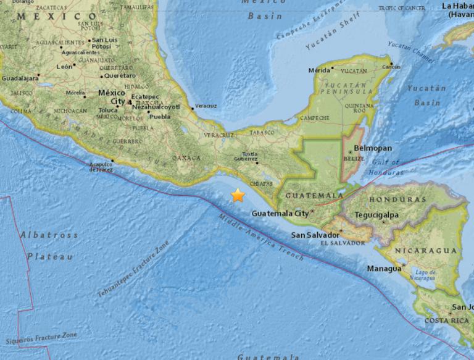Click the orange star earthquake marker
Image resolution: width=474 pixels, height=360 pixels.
tap(238, 196)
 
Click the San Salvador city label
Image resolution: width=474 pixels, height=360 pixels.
tap(315, 235)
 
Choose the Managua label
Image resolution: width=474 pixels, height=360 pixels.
tap(384, 269)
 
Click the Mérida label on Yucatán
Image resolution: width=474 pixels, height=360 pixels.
tap(320, 70)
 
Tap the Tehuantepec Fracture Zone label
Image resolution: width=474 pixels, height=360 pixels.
tap(133, 269)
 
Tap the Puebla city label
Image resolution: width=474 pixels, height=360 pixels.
tap(160, 116)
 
